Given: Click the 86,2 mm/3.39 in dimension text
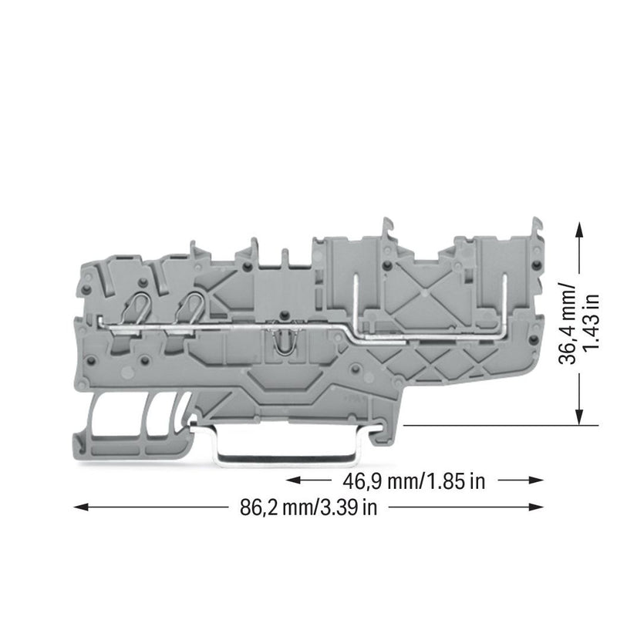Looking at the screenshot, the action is pos(308,507).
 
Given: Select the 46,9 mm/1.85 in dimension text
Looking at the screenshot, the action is pos(414,480).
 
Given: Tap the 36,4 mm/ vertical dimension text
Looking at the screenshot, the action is pos(567,322).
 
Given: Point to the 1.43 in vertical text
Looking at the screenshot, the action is pos(591,322).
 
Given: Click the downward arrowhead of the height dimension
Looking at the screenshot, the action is pos(579,416).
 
